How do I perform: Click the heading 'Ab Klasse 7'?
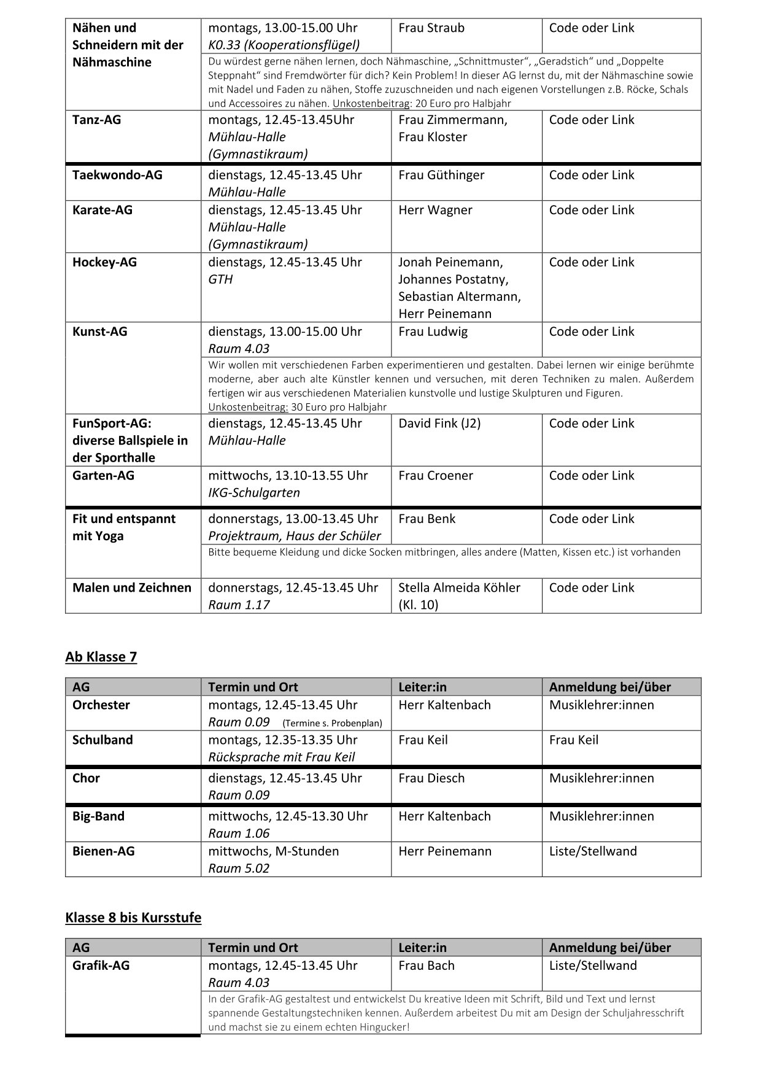pos(101,657)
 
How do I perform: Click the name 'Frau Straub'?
pos(431,28)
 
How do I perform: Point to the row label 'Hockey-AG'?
pos(104,262)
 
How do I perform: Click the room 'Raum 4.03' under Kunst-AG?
pos(239,349)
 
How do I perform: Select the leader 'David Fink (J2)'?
pos(439,423)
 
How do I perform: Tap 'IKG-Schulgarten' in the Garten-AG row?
pos(254,492)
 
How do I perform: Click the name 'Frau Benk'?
pos(427,519)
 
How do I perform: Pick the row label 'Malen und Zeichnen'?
pos(132,587)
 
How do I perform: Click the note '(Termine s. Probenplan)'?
pos(332,723)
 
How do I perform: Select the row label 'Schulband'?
pos(102,740)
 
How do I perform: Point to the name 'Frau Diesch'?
pos(431,778)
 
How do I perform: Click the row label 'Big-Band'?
pos(98,816)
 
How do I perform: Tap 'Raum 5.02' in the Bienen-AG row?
pos(239,868)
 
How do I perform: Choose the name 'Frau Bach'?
pos(427,965)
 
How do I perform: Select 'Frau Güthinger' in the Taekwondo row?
pos(441,175)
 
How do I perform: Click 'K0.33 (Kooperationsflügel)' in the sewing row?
pos(284,45)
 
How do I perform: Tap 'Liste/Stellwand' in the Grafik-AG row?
pos(593,965)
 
